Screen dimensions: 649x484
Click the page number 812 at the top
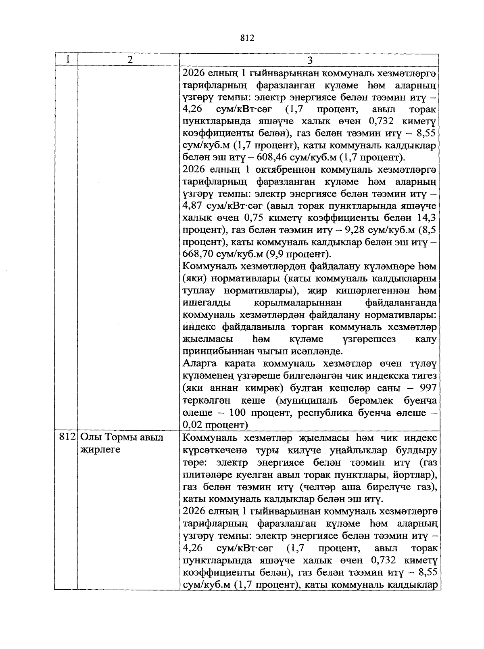coord(247,38)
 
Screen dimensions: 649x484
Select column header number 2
coord(129,60)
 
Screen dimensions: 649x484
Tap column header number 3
coord(309,60)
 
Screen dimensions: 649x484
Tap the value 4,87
coord(195,206)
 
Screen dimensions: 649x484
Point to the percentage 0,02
coord(194,425)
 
